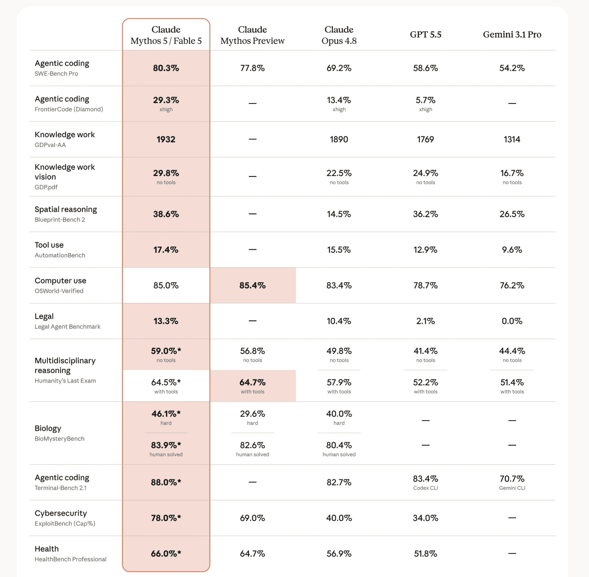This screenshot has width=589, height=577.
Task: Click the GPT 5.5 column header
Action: coord(425,34)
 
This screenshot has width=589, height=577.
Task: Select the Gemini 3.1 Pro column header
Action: coord(512,34)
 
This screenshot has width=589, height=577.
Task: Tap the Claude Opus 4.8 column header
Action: coord(339,35)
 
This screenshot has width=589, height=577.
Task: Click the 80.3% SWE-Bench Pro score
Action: coord(166,68)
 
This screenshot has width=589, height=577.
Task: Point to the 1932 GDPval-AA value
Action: coord(166,139)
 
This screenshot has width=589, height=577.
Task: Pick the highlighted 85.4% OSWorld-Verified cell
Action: coord(253,285)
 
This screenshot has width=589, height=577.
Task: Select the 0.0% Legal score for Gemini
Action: coord(512,321)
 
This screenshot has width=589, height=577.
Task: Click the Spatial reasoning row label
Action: coord(66,209)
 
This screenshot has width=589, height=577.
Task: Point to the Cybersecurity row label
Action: coord(61,513)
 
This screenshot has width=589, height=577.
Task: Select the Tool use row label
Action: coord(49,245)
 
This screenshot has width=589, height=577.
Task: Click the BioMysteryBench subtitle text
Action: coord(60,439)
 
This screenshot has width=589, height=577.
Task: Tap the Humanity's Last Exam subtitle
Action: coord(65,381)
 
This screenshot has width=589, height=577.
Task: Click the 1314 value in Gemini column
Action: coord(512,139)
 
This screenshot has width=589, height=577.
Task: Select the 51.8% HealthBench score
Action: coord(425,553)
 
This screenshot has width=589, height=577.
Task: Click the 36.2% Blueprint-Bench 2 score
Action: coord(425,214)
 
